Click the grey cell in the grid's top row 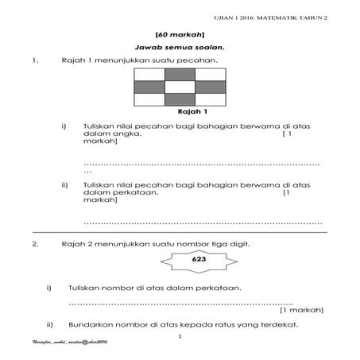click(180, 75)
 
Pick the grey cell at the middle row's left click(150, 87)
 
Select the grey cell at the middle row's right click(209, 87)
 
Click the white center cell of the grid click(180, 87)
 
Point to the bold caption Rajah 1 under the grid click(180, 112)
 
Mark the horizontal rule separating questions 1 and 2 click(180, 234)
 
